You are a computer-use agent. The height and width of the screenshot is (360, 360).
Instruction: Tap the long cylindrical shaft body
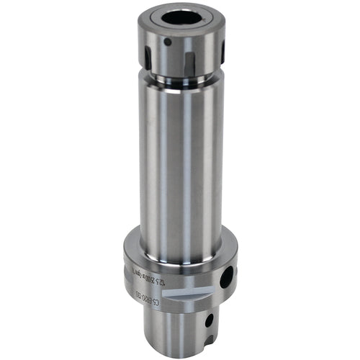point(180,158)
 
